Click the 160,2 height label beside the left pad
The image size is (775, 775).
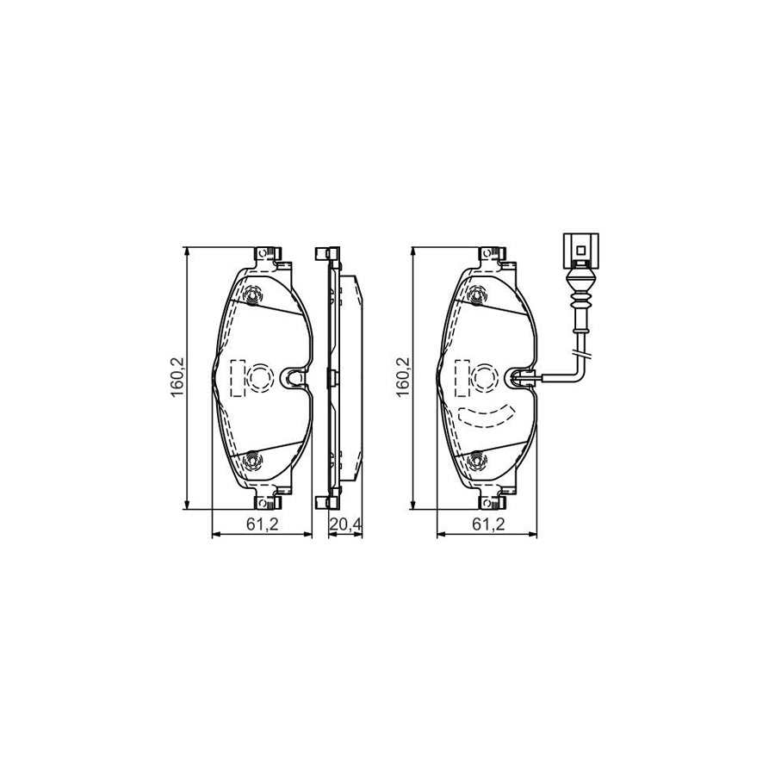(x=178, y=376)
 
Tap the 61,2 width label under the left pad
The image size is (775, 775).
(x=263, y=525)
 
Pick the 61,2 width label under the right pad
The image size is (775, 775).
(x=488, y=525)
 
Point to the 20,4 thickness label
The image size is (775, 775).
(x=344, y=525)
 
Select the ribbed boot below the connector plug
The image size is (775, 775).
(x=582, y=300)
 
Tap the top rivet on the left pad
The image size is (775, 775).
(x=252, y=297)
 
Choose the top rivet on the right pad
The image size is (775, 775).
(x=479, y=297)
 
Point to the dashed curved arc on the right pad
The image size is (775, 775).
(x=486, y=416)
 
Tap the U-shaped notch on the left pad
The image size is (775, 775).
(x=294, y=376)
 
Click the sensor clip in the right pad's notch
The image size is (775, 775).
(x=521, y=376)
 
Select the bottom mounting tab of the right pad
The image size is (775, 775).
(x=493, y=499)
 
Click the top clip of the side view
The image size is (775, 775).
(x=325, y=254)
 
